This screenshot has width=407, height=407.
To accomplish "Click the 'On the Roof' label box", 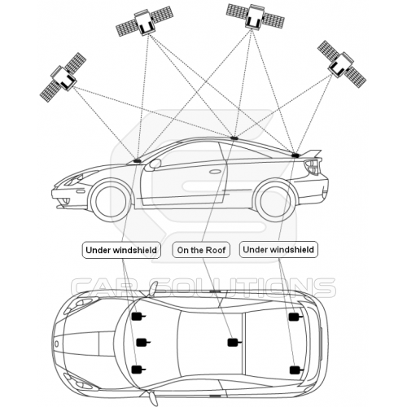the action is (201, 250).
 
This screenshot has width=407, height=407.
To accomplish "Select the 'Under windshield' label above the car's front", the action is (121, 250).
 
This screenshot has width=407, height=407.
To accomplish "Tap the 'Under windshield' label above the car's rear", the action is (278, 249).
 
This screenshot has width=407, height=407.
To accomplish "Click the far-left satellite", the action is (63, 77).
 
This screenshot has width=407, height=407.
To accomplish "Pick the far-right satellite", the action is (342, 64).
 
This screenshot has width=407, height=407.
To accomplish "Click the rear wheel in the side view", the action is (275, 201).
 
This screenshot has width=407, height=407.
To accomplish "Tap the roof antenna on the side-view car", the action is (234, 138).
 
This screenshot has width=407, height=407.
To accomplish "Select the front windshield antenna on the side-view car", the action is (138, 161).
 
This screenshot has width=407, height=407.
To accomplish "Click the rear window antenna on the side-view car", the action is (295, 155).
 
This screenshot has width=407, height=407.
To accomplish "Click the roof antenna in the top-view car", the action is (233, 343).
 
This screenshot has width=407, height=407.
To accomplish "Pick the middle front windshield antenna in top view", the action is (142, 343).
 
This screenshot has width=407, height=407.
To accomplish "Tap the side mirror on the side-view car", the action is (155, 164).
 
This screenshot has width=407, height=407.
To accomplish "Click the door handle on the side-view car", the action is (215, 172).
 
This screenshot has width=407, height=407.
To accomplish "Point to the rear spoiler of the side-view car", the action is (312, 154).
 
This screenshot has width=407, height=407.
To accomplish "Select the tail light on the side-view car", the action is (312, 167).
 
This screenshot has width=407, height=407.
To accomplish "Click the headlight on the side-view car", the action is (75, 179).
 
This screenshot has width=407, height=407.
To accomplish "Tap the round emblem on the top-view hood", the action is (56, 344).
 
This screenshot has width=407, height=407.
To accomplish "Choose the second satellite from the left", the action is (145, 21).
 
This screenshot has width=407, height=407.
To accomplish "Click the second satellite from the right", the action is (255, 15).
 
